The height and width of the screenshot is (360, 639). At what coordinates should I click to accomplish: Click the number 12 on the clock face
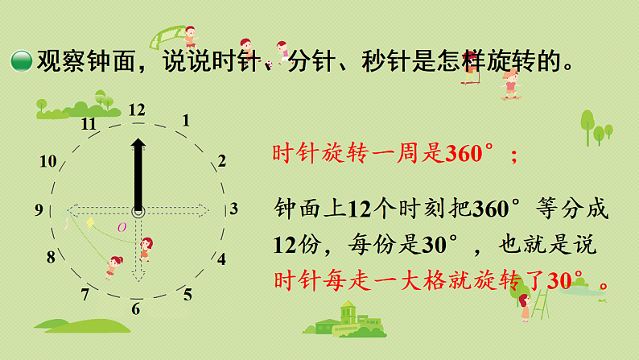pos(137,110)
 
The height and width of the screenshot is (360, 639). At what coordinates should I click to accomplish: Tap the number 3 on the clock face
pos(233,209)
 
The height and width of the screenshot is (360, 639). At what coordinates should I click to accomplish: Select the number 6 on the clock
pos(136,308)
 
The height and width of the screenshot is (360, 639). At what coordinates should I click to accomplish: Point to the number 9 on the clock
pos(39,210)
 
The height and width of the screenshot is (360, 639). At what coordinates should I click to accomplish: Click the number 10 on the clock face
pos(47,161)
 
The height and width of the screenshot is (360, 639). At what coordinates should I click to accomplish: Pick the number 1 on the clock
pos(186,122)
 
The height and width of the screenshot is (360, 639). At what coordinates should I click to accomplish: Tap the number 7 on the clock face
pos(85,295)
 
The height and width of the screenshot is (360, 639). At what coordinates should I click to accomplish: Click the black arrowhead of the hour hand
pos(138,146)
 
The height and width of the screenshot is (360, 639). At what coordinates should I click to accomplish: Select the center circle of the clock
pos(138,212)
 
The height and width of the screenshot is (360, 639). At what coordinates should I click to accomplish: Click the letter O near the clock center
pos(122,227)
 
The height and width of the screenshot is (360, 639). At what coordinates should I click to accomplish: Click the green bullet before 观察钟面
pos(20,60)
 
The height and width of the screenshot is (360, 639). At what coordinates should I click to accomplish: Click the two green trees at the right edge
pos(596,126)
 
